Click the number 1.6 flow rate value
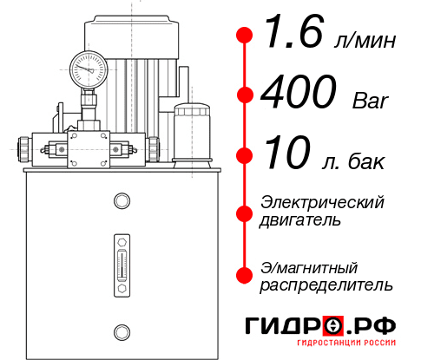click(292, 36)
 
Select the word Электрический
click(322, 202)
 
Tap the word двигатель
click(300, 220)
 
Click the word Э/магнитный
click(309, 266)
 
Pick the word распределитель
click(326, 284)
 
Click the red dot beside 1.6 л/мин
click(245, 36)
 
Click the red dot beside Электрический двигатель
click(245, 212)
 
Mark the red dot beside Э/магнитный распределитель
click(245, 275)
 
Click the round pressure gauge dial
click(88, 66)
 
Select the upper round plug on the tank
click(121, 201)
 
